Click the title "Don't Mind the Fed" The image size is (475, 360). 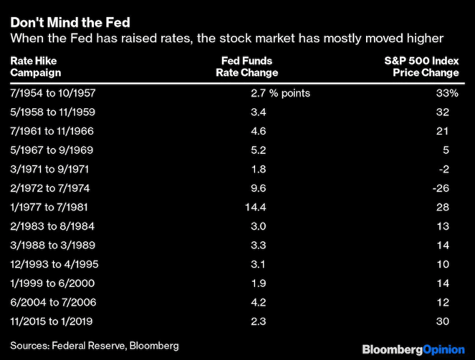pyautogui.click(x=70, y=22)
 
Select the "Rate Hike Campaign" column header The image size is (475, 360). pyautogui.click(x=36, y=67)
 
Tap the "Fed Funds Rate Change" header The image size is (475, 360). pyautogui.click(x=247, y=67)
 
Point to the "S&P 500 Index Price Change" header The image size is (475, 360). pyautogui.click(x=421, y=67)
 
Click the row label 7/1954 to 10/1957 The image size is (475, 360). pyautogui.click(x=53, y=93)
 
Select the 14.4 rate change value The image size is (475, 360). pyautogui.click(x=255, y=207)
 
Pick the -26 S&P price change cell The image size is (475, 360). pyautogui.click(x=441, y=188)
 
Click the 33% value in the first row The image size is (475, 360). pyautogui.click(x=447, y=93)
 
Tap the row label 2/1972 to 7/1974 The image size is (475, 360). pyautogui.click(x=50, y=188)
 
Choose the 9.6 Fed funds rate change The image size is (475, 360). pyautogui.click(x=258, y=188)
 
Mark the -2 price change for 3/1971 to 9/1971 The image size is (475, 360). pyautogui.click(x=444, y=169)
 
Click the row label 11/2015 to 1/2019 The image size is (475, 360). pyautogui.click(x=52, y=322)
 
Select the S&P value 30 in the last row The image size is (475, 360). pyautogui.click(x=442, y=322)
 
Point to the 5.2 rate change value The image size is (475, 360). pyautogui.click(x=258, y=150)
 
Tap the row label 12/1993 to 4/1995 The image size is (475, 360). pyautogui.click(x=55, y=264)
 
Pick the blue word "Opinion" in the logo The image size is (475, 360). pyautogui.click(x=444, y=350)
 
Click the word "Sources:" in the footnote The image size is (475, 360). pyautogui.click(x=30, y=346)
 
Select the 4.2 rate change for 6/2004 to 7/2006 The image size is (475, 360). pyautogui.click(x=258, y=302)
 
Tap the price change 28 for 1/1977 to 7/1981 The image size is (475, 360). pyautogui.click(x=442, y=207)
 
